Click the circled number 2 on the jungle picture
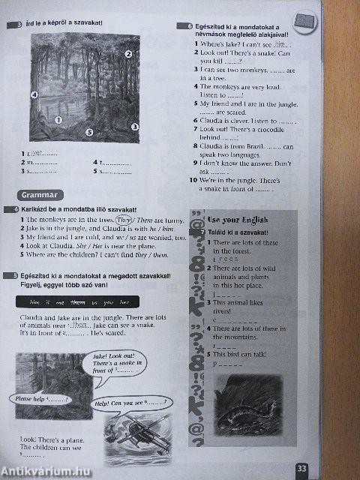pos(128,54)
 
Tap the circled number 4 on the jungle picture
pos(34,94)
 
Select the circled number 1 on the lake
pos(58,119)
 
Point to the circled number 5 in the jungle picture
pos(88,132)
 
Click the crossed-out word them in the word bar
pos(77,301)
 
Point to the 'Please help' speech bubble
pos(44,399)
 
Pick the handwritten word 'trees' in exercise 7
pos(229,259)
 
